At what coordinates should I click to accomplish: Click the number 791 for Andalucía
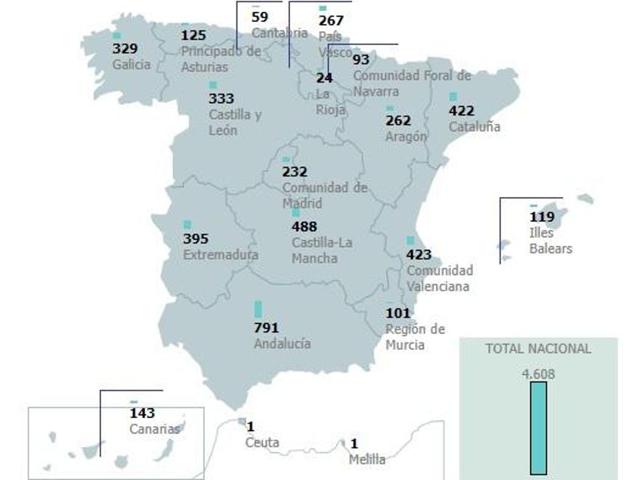click(266, 328)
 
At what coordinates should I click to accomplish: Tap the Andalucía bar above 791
click(258, 309)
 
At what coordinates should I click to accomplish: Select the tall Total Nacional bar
click(538, 428)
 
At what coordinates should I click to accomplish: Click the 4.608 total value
click(538, 375)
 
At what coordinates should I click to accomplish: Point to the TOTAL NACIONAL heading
click(538, 348)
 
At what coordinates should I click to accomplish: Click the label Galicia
click(132, 64)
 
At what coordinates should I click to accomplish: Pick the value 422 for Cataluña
click(462, 111)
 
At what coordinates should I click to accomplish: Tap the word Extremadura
click(220, 255)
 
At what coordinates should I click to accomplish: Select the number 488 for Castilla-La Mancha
click(304, 226)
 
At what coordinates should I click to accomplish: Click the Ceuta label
click(262, 442)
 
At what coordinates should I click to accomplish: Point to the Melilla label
click(367, 459)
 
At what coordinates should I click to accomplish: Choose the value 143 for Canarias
click(142, 413)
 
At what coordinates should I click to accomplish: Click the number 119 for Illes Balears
click(542, 217)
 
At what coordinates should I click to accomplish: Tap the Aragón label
click(406, 136)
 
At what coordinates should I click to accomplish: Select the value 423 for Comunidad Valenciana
click(419, 255)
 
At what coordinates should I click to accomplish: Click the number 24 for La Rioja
click(324, 78)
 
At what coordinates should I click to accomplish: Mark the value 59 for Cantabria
click(260, 16)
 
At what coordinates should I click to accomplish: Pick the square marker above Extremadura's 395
click(188, 225)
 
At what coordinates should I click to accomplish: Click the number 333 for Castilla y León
click(221, 99)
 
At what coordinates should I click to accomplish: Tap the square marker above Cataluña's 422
click(453, 97)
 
